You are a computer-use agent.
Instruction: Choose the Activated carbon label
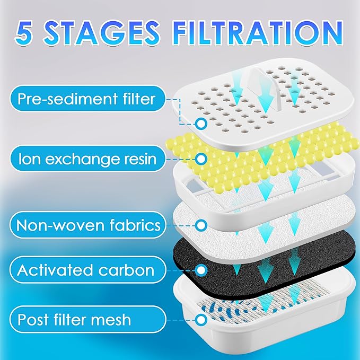click(x=85, y=270)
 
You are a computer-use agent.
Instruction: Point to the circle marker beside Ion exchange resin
click(x=201, y=158)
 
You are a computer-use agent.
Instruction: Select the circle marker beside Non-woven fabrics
click(x=201, y=225)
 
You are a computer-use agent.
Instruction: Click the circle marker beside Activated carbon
click(x=201, y=270)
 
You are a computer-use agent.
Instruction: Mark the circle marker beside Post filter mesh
click(x=201, y=320)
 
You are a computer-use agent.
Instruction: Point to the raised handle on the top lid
click(x=269, y=87)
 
